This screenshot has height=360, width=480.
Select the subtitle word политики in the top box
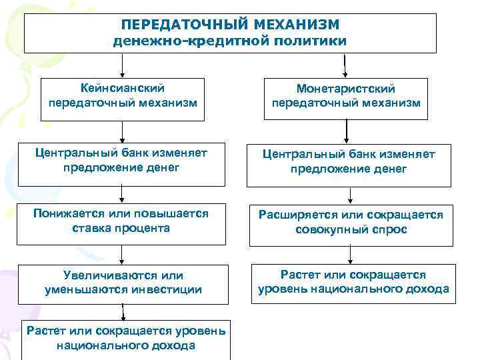click(313, 41)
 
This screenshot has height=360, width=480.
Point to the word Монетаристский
click(346, 89)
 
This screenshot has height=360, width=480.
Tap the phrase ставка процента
click(121, 228)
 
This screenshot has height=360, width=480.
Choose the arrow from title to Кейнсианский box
click(122, 66)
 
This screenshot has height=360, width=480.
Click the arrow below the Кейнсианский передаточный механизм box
click(122, 132)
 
